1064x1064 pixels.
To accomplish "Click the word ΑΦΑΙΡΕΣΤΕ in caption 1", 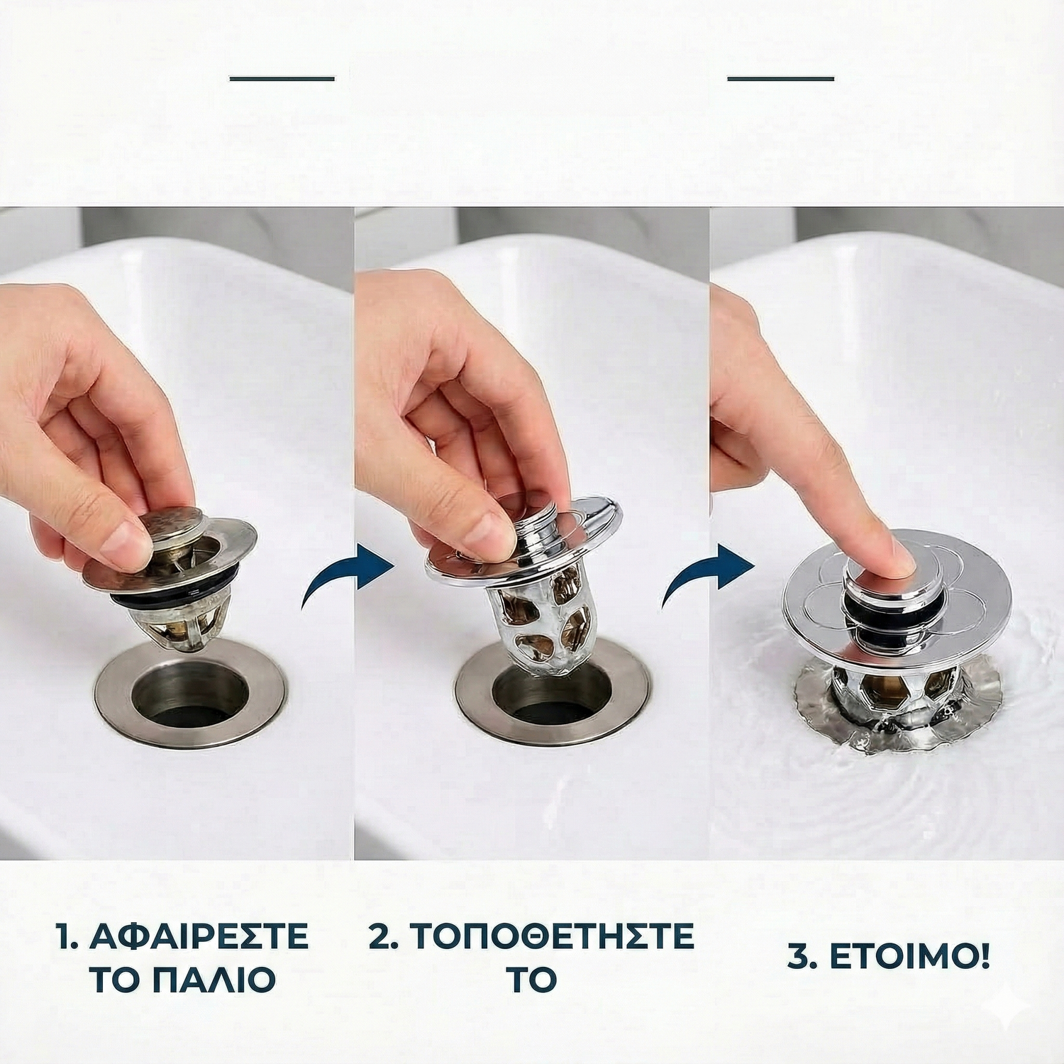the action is click(199, 936).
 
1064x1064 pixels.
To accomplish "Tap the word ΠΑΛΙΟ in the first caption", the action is click(214, 980).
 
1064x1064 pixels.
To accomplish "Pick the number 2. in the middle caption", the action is click(386, 936).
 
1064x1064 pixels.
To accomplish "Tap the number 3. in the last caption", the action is click(804, 958).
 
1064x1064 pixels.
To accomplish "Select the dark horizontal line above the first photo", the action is click(282, 78).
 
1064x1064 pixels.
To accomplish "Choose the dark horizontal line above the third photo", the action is click(780, 78).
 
